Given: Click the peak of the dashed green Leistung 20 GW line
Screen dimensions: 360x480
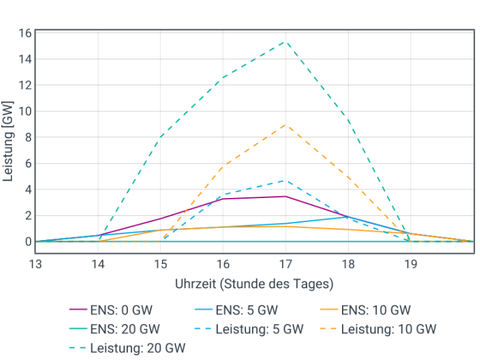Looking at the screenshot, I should (x=285, y=41).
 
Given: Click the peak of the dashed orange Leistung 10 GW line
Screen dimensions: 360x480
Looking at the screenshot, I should (x=285, y=125).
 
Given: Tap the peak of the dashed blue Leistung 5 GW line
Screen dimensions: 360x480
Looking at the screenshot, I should (x=285, y=181).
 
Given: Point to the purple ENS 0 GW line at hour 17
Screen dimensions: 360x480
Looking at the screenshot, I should (x=285, y=197).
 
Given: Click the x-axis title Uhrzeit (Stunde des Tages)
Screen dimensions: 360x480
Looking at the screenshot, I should (x=254, y=284).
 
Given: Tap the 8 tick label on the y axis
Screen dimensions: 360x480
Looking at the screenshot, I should (x=27, y=137).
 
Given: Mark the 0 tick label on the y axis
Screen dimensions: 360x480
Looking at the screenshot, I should (x=27, y=241).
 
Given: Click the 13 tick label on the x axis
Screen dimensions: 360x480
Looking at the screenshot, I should (x=35, y=264).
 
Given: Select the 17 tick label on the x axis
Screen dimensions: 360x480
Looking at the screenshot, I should (x=285, y=264).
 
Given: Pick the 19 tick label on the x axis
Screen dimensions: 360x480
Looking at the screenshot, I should (x=411, y=264).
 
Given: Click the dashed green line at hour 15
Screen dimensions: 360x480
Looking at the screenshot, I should (x=161, y=137).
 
